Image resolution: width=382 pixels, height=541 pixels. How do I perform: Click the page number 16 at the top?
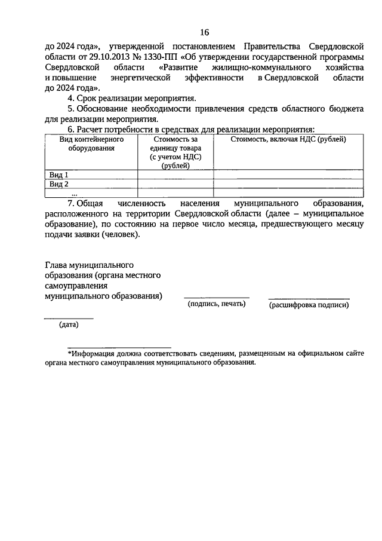pos(204,32)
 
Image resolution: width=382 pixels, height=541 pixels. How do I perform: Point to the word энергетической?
pos(141,78)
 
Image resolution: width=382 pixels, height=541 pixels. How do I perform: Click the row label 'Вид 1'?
pos(58,175)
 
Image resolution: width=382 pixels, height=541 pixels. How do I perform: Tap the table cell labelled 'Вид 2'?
pos(58,184)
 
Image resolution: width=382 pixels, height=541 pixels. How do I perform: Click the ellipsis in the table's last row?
pos(75,193)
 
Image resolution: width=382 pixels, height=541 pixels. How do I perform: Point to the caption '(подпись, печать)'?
pos(216,304)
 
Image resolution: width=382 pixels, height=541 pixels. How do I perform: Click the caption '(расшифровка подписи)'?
pos(309,305)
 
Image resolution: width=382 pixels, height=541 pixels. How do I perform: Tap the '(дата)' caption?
pos(69,325)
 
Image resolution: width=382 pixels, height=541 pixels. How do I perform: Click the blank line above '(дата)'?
pos(69,319)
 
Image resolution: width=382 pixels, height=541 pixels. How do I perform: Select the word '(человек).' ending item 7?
pos(120,235)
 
